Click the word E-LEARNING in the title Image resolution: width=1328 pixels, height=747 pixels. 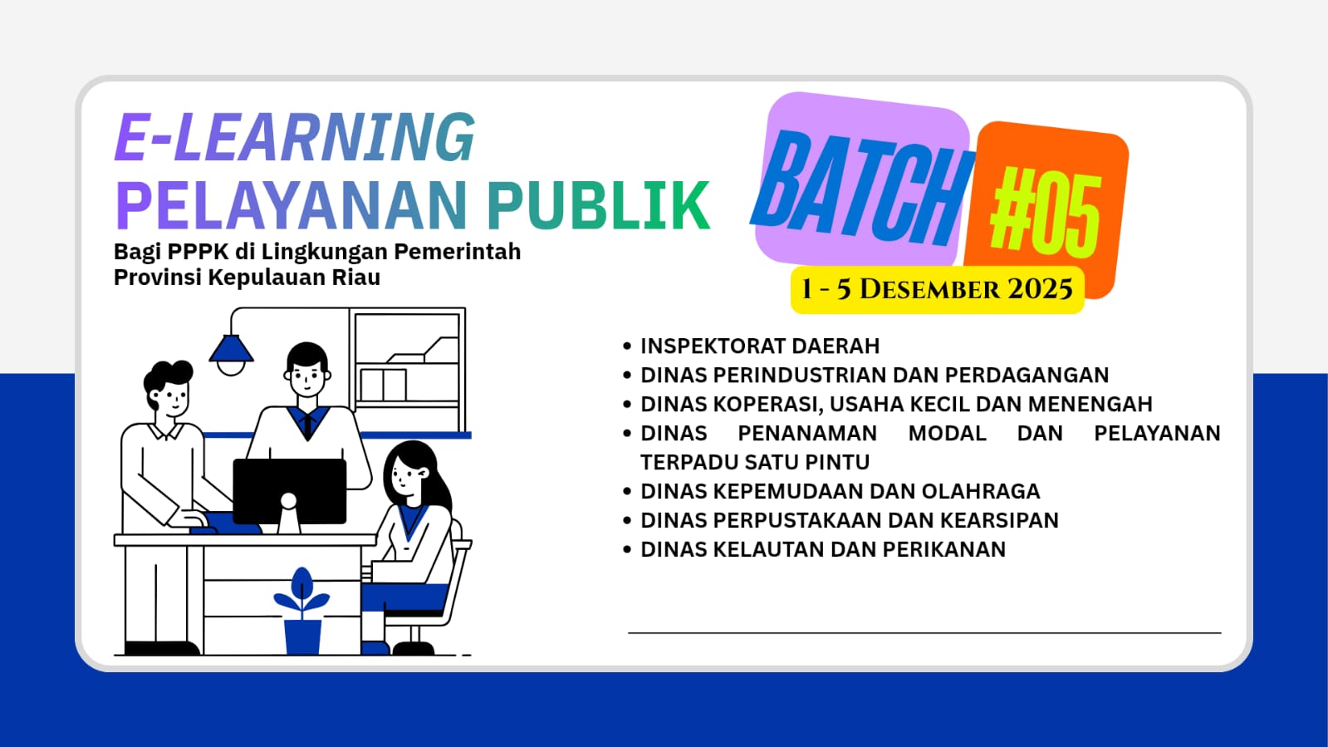tap(295, 138)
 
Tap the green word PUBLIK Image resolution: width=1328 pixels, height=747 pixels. tap(599, 205)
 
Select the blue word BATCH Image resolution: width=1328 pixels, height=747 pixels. tap(863, 188)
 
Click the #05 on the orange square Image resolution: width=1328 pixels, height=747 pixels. tap(1046, 210)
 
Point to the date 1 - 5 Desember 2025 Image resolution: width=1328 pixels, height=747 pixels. tap(937, 289)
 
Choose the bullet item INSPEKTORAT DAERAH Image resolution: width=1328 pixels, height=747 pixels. tap(760, 346)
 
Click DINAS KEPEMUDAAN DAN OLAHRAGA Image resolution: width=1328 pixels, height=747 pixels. tap(840, 491)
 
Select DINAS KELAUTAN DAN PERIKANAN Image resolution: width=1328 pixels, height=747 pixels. tap(823, 549)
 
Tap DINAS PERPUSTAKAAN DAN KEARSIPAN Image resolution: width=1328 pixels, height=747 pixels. tap(850, 520)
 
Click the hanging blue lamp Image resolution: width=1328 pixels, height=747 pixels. tap(231, 354)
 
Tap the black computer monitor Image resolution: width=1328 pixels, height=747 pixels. tap(289, 491)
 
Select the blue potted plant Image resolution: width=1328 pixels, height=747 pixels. tap(302, 611)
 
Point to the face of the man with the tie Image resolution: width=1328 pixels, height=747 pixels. tap(307, 379)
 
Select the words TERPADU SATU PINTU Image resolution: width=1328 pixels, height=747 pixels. tap(755, 462)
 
